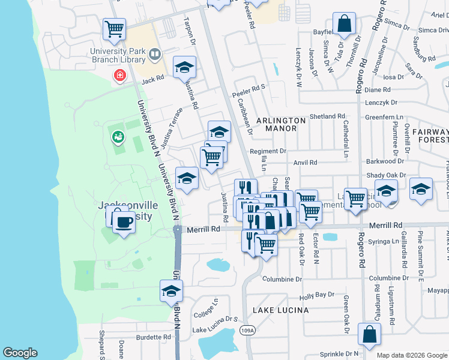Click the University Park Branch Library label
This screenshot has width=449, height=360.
pyautogui.click(x=118, y=55)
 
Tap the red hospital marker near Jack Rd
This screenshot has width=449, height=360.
pyautogui.click(x=120, y=76)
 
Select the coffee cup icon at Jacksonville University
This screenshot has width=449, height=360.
pyautogui.click(x=124, y=223)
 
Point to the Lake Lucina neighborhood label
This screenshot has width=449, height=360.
pyautogui.click(x=280, y=310)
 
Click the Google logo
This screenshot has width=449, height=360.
pyautogui.click(x=20, y=353)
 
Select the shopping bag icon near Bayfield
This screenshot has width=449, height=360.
pyautogui.click(x=344, y=24)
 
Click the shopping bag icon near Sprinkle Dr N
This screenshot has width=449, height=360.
pyautogui.click(x=369, y=334)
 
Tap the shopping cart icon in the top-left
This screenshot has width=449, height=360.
pyautogui.click(x=113, y=28)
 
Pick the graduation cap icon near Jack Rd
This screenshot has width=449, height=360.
pyautogui.click(x=185, y=67)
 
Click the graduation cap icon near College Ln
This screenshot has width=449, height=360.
pyautogui.click(x=171, y=291)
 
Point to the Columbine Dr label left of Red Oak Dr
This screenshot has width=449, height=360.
pyautogui.click(x=282, y=279)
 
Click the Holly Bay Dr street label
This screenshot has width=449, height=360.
pyautogui.click(x=316, y=295)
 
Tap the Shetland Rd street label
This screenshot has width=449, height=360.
pyautogui.click(x=327, y=116)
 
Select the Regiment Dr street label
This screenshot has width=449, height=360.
pyautogui.click(x=268, y=151)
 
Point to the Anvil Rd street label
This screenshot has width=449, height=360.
pyautogui.click(x=305, y=163)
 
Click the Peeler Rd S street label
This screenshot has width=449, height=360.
pyautogui.click(x=249, y=88)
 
